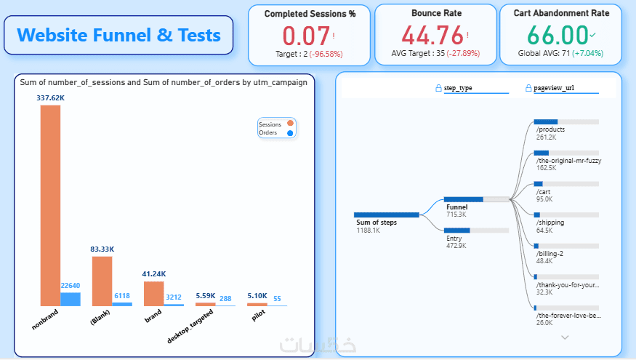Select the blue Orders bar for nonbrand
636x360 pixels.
coord(71,299)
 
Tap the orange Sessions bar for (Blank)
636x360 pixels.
coord(102,281)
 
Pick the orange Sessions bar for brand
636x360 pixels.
coord(154,293)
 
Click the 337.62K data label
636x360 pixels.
coord(50,98)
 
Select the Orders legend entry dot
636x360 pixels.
coord(290,133)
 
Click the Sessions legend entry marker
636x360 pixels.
coord(290,124)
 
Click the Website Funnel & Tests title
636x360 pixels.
coord(118,35)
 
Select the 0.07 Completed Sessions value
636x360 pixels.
coord(306,36)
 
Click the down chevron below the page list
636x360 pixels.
coord(565,337)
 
